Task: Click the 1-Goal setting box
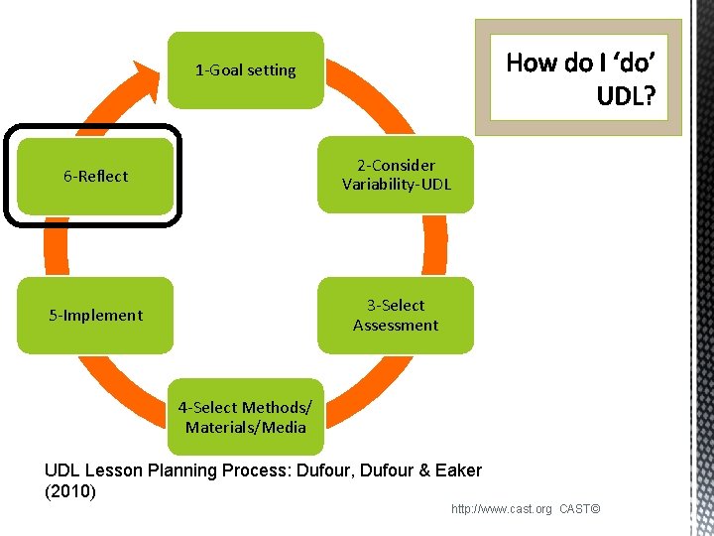[x=245, y=70]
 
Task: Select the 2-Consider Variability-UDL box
[x=396, y=175]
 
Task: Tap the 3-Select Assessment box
[x=396, y=315]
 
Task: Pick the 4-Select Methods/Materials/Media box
[x=245, y=417]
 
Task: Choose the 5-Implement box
[x=95, y=316]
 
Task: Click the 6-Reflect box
[x=95, y=176]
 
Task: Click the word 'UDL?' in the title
[x=625, y=95]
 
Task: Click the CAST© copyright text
[x=580, y=509]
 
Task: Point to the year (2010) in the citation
[x=70, y=491]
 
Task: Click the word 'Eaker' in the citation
[x=457, y=470]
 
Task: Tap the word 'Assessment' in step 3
[x=396, y=326]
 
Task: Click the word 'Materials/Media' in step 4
[x=245, y=428]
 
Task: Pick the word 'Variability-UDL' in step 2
[x=396, y=185]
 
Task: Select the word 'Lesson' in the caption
[x=112, y=470]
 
